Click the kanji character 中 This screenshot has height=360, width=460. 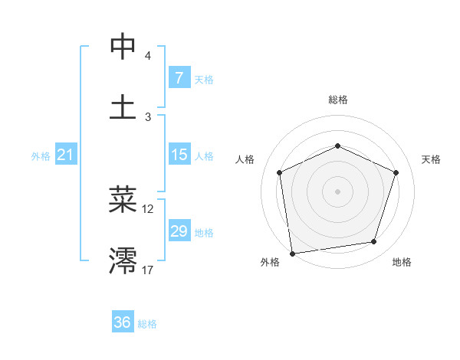point(123,47)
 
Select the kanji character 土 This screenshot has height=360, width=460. point(123,106)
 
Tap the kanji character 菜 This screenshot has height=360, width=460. point(123,199)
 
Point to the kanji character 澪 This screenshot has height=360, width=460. point(123,260)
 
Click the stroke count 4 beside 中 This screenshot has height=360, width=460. point(147,57)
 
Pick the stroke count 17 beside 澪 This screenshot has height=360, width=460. point(147,270)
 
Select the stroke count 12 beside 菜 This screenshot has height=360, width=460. point(147,208)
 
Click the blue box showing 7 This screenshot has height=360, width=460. point(179,78)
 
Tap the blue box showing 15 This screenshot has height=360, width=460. point(179,155)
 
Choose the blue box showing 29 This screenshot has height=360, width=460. point(179,231)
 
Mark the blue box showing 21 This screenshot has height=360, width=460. point(65,155)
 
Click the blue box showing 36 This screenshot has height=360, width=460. point(122,322)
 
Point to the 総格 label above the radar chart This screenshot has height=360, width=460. point(338,100)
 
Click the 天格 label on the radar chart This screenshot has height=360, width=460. point(431,159)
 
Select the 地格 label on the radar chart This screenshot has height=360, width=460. point(402,262)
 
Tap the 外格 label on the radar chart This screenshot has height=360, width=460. point(270,262)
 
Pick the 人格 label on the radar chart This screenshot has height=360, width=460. point(245,159)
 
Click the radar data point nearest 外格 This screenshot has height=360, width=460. point(292,253)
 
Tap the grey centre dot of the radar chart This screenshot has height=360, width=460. point(337,191)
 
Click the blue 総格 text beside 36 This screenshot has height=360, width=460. point(147,324)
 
